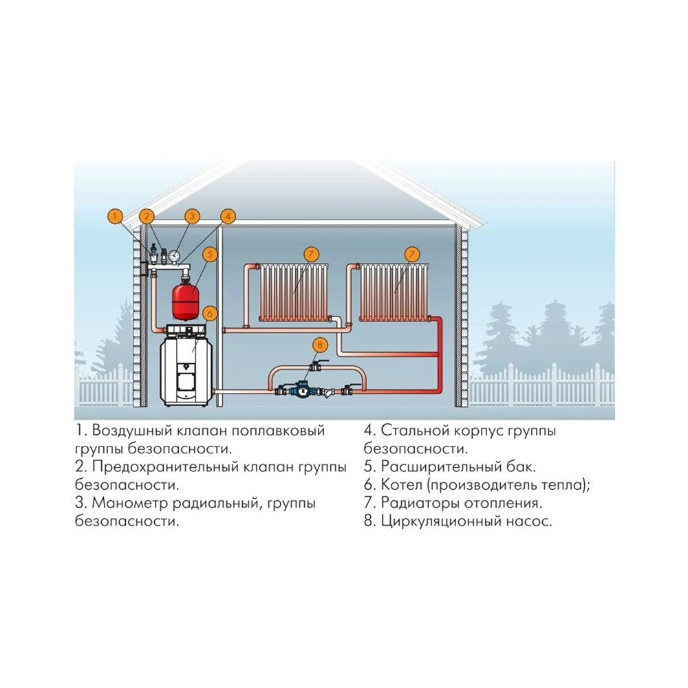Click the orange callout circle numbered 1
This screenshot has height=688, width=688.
(115, 216)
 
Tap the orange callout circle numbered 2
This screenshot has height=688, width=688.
(147, 216)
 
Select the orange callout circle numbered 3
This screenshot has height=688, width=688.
(192, 216)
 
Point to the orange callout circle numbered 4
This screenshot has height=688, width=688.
(227, 216)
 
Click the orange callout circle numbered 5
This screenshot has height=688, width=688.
(210, 255)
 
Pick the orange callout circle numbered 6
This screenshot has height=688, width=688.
(210, 313)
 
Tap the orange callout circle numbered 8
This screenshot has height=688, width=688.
(319, 345)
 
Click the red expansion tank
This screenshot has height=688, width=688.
(185, 300)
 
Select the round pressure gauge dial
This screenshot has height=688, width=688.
(175, 255)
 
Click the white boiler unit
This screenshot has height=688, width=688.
(186, 365)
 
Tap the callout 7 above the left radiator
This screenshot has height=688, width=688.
(311, 255)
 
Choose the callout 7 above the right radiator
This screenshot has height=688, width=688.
(411, 255)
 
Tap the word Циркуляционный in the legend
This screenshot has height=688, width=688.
(440, 522)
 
